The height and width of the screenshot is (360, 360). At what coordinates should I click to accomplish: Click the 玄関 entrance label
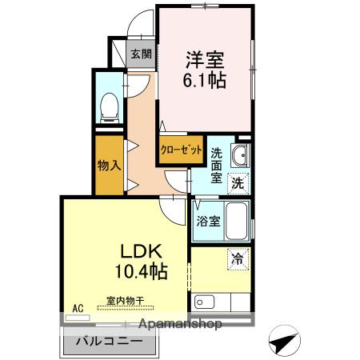[x=141, y=54]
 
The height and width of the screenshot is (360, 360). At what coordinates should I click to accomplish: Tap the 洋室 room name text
[x=205, y=60]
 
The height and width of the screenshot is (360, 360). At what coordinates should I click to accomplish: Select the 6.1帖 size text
[x=205, y=80]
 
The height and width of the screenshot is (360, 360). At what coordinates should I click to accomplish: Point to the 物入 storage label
[x=110, y=166]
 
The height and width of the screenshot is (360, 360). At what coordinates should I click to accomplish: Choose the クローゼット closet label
[x=181, y=150]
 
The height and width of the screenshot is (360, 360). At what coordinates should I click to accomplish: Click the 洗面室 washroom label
[x=216, y=166]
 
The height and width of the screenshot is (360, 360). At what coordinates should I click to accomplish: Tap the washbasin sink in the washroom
[x=240, y=155]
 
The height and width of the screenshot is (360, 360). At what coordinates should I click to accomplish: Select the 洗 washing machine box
[x=238, y=183]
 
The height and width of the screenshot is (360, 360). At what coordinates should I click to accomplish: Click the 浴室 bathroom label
[x=208, y=221]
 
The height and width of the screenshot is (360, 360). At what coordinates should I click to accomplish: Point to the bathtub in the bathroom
[x=237, y=221]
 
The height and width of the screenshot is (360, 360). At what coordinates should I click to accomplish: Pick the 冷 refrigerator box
[x=238, y=259]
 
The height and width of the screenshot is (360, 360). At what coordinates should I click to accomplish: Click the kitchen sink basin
[x=204, y=302]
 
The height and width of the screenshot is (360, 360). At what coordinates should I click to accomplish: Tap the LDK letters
[x=142, y=251]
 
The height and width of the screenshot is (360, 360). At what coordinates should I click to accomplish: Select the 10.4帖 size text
[x=142, y=271]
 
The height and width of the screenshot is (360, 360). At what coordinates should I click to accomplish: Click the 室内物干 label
[x=126, y=301]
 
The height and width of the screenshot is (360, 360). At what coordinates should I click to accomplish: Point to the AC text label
[x=78, y=308]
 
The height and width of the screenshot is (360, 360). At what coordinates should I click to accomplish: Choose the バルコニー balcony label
[x=109, y=341]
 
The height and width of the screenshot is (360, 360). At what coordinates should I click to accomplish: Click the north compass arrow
[x=284, y=341]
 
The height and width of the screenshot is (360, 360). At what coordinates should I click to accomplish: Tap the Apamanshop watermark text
[x=180, y=324]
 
